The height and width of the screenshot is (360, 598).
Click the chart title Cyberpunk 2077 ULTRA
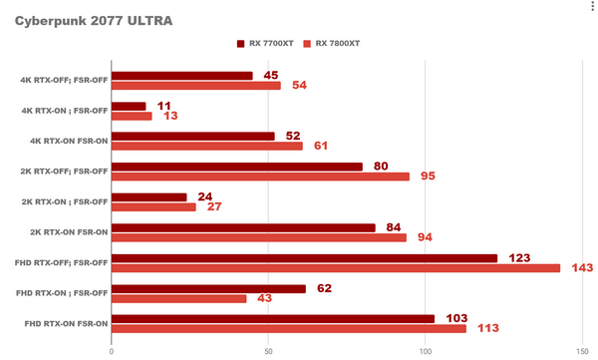(79, 20)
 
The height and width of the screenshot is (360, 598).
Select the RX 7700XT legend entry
(269, 43)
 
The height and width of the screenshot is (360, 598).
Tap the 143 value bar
(336, 268)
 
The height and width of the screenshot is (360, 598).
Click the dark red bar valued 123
(304, 258)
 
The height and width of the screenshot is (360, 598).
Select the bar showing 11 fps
(129, 106)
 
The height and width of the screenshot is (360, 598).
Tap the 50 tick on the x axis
(268, 350)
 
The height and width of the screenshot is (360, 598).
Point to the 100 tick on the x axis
(426, 350)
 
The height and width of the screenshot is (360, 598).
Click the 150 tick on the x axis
(582, 350)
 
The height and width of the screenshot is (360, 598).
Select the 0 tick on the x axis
(112, 350)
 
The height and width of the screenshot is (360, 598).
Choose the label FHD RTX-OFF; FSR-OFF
(63, 262)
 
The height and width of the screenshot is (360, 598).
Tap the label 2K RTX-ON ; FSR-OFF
(64, 201)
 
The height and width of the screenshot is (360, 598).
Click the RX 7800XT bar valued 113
(289, 328)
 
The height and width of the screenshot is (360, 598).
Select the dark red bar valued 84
(243, 227)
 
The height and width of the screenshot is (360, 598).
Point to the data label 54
(298, 86)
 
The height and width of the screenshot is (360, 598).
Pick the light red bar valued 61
(207, 147)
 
